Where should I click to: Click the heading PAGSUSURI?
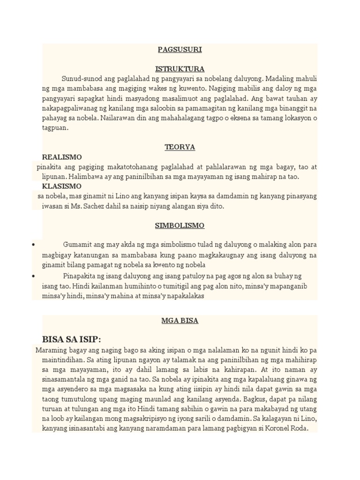(180, 49)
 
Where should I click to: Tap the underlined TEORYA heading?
(180, 147)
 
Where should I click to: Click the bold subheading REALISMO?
(62, 157)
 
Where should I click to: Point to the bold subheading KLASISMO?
(62, 186)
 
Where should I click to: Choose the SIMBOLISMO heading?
(180, 225)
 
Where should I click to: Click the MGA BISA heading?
(180, 321)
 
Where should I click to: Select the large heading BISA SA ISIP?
(72, 339)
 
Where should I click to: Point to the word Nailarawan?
(120, 118)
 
